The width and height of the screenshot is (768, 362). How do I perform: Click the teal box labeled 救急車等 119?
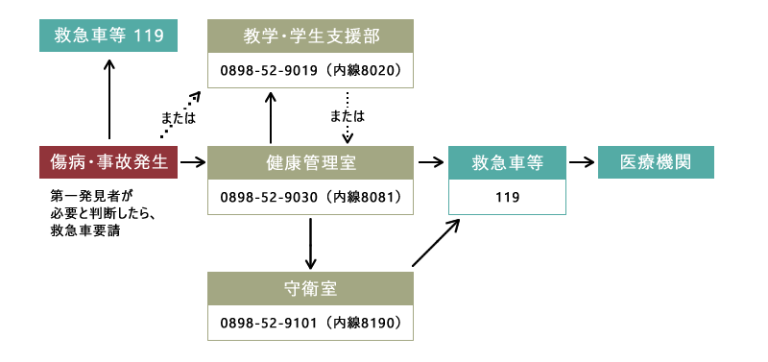pyautogui.click(x=108, y=36)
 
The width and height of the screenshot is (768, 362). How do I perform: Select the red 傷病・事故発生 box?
pyautogui.click(x=108, y=162)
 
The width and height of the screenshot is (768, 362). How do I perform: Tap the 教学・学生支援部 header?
pyautogui.click(x=311, y=36)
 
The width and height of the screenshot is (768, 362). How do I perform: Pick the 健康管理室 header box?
pyautogui.click(x=311, y=162)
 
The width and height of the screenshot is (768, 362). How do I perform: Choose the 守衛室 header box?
pyautogui.click(x=311, y=287)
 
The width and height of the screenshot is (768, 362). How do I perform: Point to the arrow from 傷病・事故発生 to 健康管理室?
pyautogui.click(x=193, y=162)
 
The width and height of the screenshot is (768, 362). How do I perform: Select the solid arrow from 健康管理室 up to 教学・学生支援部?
pyautogui.click(x=272, y=116)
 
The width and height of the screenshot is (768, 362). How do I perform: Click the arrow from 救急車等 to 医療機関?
pyautogui.click(x=581, y=162)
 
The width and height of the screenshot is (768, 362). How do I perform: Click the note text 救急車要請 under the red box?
pyautogui.click(x=84, y=230)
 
